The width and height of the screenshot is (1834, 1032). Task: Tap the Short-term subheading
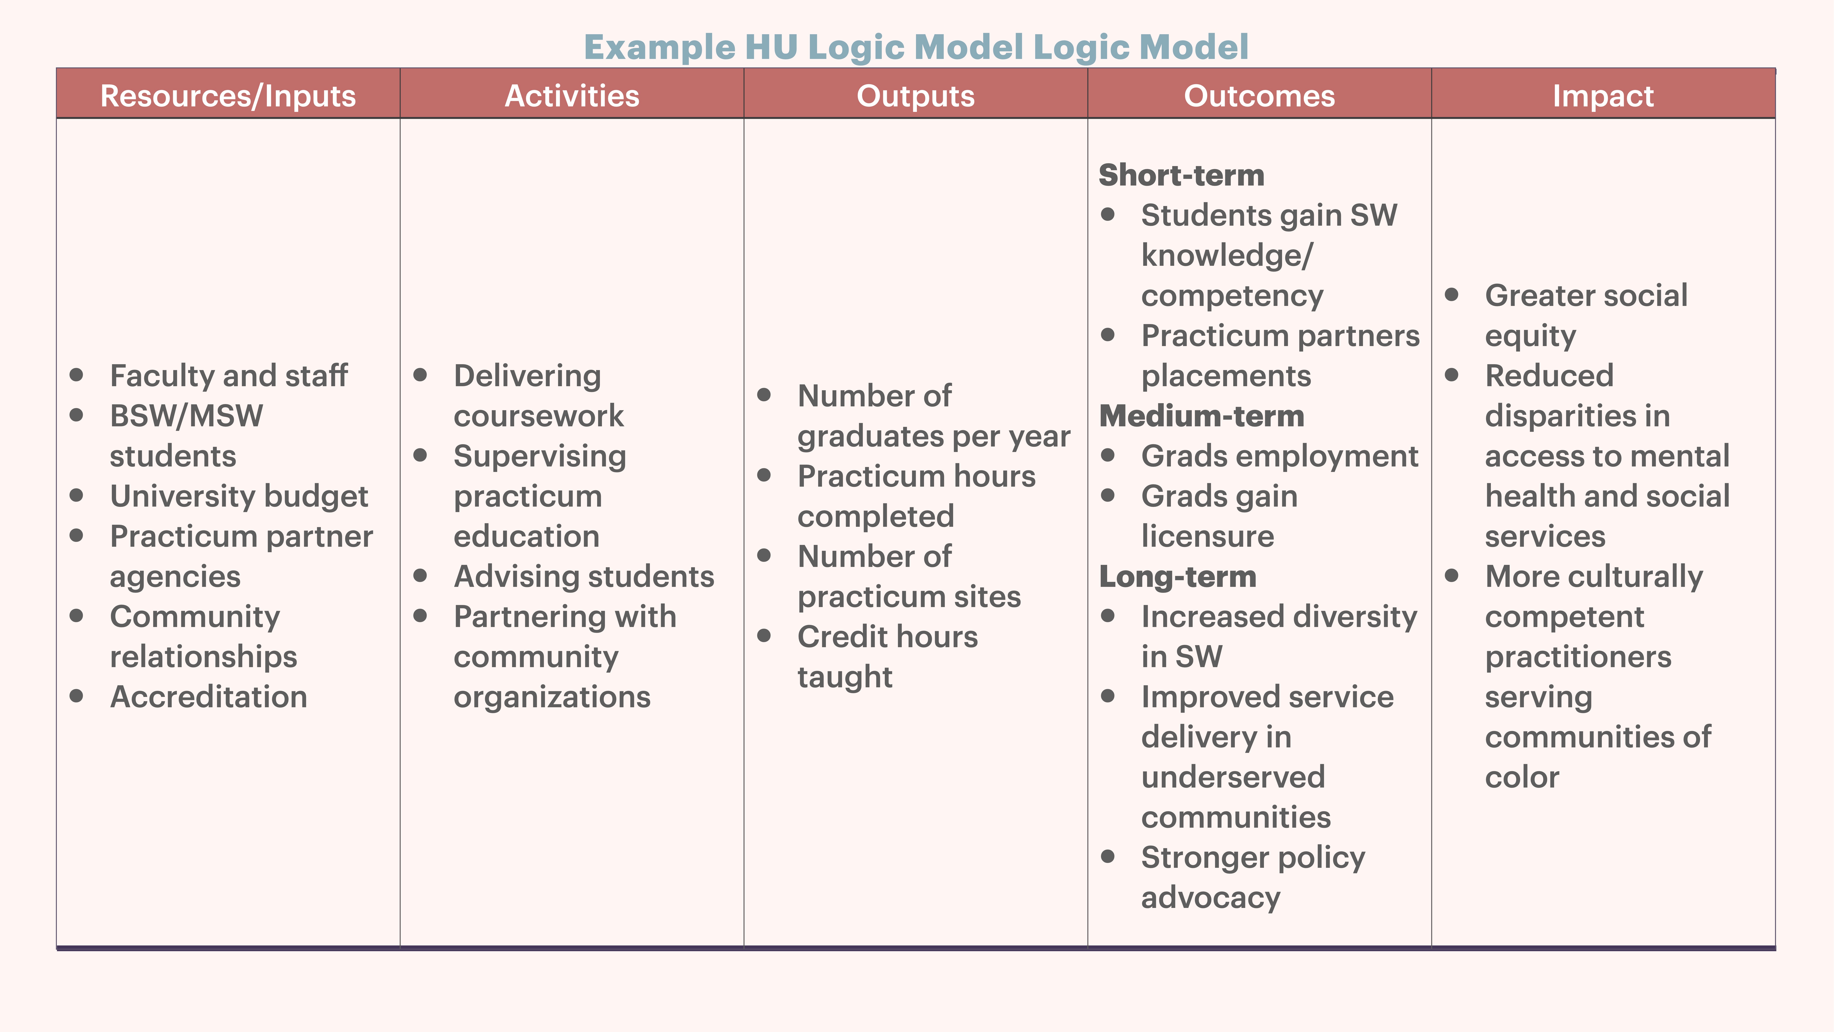point(1181,175)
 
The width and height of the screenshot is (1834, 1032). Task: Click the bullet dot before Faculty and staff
point(76,375)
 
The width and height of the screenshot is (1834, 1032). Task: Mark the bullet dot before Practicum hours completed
point(764,475)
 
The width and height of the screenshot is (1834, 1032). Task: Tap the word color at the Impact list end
point(1521,777)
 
